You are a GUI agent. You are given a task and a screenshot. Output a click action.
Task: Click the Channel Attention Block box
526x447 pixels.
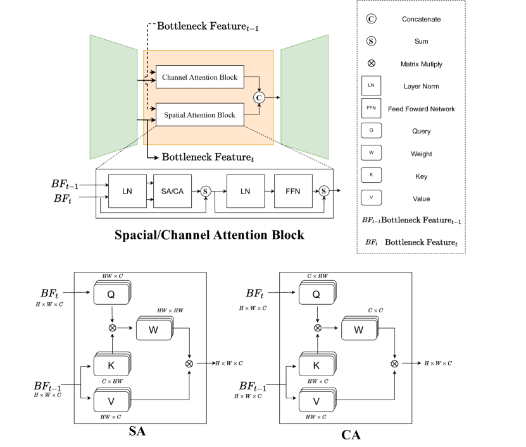coord(199,78)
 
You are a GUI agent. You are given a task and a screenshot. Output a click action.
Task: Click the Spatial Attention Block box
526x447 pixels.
coord(199,114)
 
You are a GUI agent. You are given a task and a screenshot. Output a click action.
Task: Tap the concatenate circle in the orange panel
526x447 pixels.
coord(259,97)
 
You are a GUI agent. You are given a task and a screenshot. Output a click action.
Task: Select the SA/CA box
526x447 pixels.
coord(172,190)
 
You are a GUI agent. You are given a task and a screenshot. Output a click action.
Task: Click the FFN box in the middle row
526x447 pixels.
coord(295,190)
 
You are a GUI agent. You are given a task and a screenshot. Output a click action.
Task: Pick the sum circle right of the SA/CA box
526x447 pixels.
coord(206,190)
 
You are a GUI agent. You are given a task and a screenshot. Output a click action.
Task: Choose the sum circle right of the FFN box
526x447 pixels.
coord(324,190)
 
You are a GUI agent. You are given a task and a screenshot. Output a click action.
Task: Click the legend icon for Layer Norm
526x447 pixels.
coord(371,86)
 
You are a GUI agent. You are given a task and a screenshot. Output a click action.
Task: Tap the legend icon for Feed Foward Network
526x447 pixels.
coord(371,109)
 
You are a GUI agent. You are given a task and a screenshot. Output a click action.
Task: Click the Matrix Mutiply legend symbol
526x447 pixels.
coord(371,64)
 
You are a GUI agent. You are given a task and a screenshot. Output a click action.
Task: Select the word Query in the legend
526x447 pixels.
coord(421,132)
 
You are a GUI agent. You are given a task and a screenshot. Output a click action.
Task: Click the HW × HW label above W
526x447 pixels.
coord(170,310)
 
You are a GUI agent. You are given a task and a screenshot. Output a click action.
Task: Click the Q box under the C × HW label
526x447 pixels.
coord(316,294)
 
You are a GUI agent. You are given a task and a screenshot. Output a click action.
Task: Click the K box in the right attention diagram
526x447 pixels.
coord(316,365)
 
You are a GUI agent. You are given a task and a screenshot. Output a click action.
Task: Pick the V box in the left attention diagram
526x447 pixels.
coord(111,401)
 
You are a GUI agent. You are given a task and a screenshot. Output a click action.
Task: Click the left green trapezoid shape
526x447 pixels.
coord(114,97)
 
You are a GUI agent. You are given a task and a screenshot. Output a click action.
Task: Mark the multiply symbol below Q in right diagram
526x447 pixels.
coord(318,328)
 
